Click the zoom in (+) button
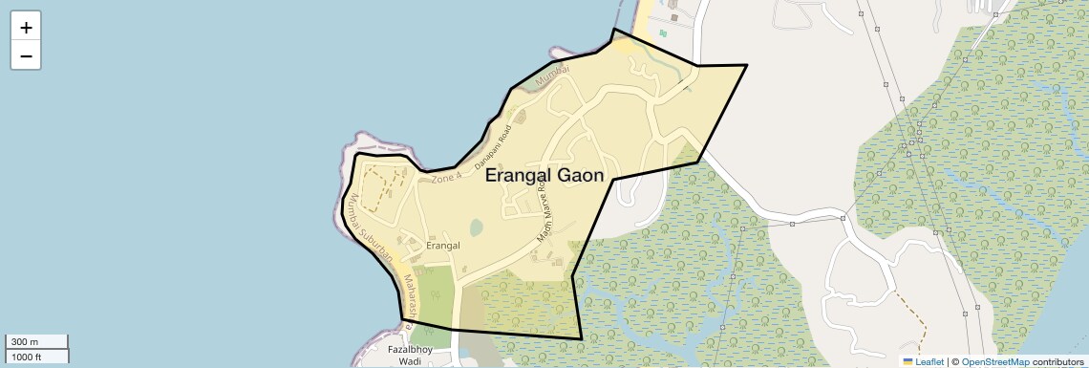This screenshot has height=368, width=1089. [x=26, y=28]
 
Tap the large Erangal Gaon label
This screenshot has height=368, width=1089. [x=544, y=176]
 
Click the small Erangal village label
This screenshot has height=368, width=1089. [x=442, y=246]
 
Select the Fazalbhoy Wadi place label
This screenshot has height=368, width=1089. [x=410, y=356]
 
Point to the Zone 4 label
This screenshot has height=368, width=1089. [x=446, y=178]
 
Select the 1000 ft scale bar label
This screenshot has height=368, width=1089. [x=27, y=357]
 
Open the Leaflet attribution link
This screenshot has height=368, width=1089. [x=927, y=361]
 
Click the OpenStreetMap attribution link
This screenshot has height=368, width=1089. [x=995, y=361]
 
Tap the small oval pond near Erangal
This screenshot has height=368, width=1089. [x=476, y=227]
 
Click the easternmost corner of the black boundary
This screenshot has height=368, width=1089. [x=746, y=65]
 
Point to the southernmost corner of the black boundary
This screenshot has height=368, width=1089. [x=581, y=339]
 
